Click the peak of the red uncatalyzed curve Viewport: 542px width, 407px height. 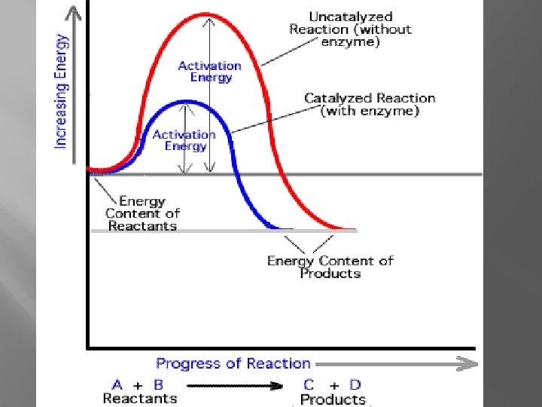pyautogui.click(x=206, y=15)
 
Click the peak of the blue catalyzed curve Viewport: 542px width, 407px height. pyautogui.click(x=187, y=102)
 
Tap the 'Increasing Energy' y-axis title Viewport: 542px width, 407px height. pyautogui.click(x=61, y=92)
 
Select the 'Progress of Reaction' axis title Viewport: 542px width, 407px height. pyautogui.click(x=233, y=364)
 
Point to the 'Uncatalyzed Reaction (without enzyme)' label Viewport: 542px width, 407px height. pyautogui.click(x=351, y=29)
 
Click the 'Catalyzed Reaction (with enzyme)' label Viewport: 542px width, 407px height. pyautogui.click(x=370, y=105)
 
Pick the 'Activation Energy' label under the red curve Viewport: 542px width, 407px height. pyautogui.click(x=210, y=72)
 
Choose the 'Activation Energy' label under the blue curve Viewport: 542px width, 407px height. pyautogui.click(x=184, y=140)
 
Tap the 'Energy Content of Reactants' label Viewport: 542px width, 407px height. pyautogui.click(x=142, y=213)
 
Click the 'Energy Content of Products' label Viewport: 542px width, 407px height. pyautogui.click(x=330, y=267)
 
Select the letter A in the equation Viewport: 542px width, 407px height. pyautogui.click(x=117, y=385)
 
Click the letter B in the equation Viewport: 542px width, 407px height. pyautogui.click(x=158, y=385)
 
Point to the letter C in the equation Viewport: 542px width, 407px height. pyautogui.click(x=309, y=385)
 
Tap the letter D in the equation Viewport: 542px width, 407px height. pyautogui.click(x=355, y=385)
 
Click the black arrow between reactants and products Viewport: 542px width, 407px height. pyautogui.click(x=235, y=386)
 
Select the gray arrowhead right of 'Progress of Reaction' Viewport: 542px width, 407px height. pyautogui.click(x=468, y=364)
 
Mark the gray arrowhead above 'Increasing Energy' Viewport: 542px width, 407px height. pyautogui.click(x=73, y=13)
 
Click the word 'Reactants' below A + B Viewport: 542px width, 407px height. pyautogui.click(x=140, y=399)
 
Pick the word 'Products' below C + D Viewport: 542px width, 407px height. pyautogui.click(x=333, y=399)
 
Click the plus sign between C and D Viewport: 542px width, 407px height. pyautogui.click(x=334, y=386)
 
